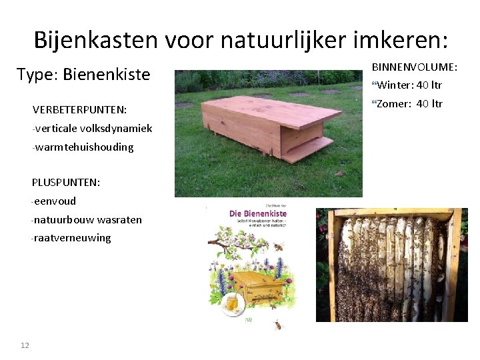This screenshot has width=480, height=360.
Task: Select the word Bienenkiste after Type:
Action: (107, 74)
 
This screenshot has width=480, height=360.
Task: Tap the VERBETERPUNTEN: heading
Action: (79, 109)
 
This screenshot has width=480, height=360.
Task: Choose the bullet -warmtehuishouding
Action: (83, 147)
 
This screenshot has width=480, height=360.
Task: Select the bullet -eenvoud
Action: (54, 201)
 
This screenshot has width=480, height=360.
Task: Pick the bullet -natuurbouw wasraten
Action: (87, 219)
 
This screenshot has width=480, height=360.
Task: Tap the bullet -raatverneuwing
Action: (71, 238)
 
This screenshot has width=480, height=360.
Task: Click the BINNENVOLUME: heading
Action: (414, 67)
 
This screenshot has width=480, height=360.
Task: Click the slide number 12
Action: (25, 345)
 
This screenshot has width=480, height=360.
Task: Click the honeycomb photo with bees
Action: (391, 265)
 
